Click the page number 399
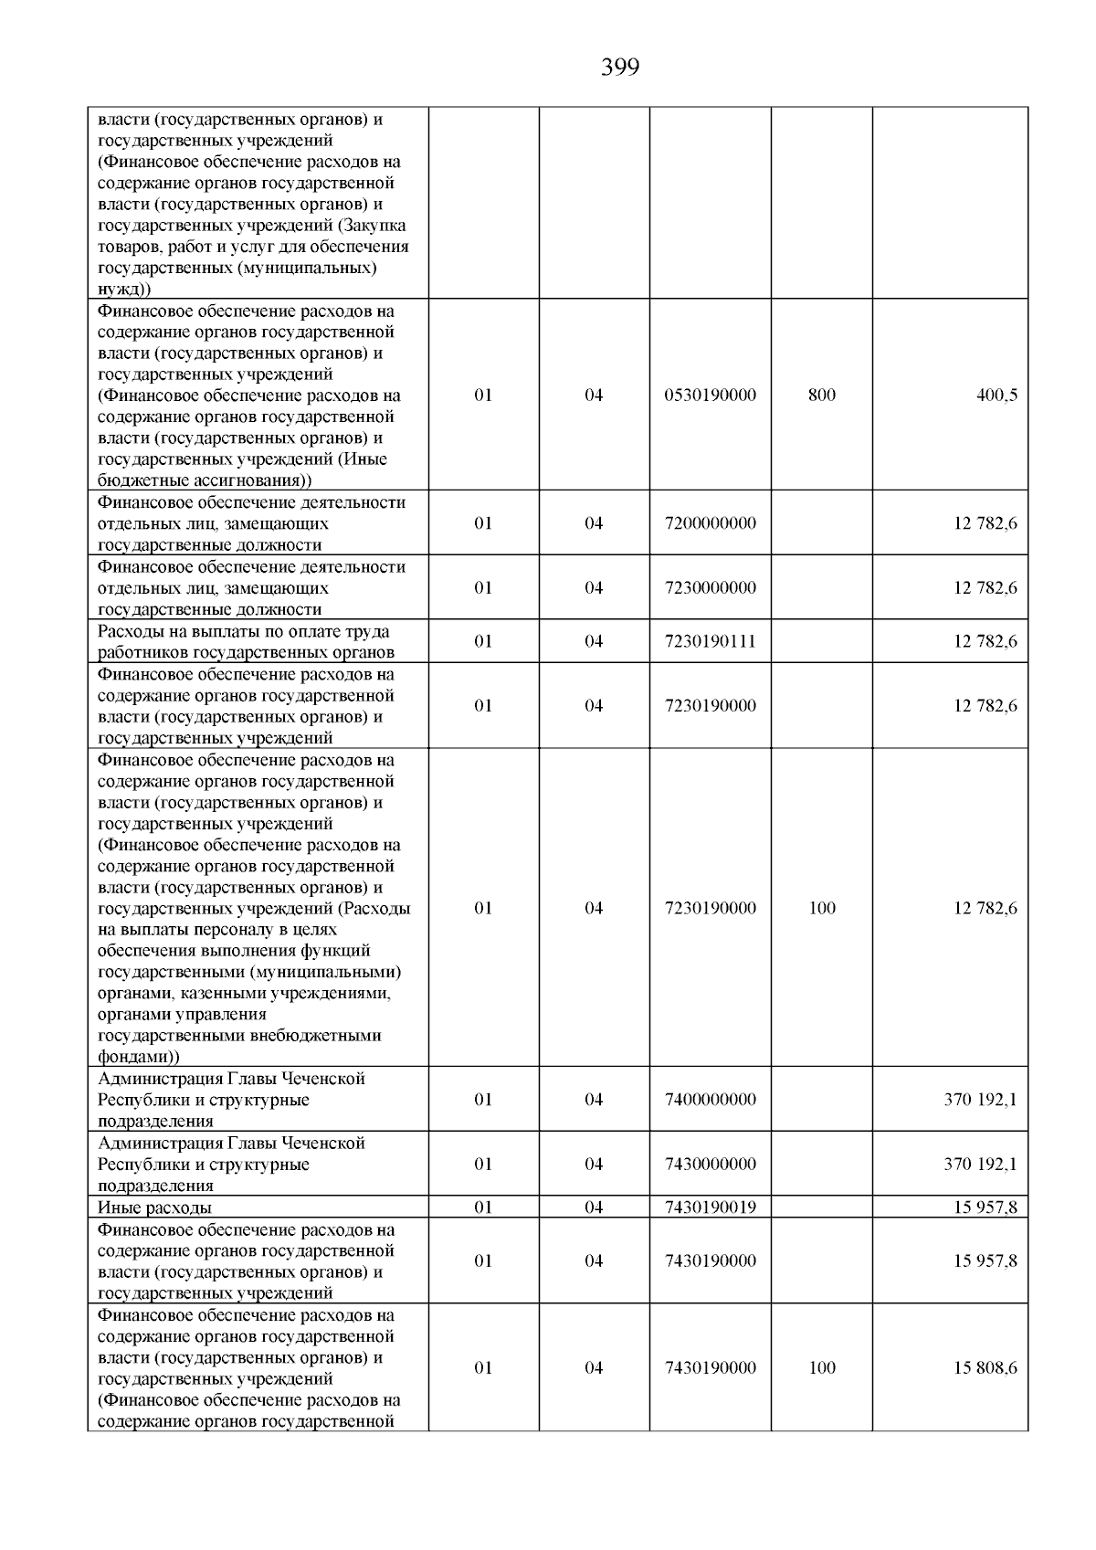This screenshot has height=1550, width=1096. click(620, 68)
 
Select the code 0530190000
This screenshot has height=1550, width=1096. click(711, 395)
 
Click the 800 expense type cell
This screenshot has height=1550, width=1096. click(822, 395)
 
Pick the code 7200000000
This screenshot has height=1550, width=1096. click(711, 523)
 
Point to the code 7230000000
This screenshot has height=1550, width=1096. click(711, 587)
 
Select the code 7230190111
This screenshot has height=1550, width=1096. click(711, 641)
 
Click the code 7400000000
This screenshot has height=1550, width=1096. click(711, 1100)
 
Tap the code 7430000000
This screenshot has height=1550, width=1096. click(711, 1164)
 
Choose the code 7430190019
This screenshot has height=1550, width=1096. click(711, 1207)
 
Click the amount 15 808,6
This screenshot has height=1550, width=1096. click(985, 1367)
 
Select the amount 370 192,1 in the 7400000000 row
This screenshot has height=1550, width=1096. click(980, 1100)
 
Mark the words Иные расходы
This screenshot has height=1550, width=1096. click(154, 1207)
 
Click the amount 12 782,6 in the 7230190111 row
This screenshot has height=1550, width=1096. click(985, 641)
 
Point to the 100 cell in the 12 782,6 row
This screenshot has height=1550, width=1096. click(822, 908)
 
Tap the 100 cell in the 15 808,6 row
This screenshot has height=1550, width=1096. click(822, 1367)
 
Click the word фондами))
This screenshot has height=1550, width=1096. click(139, 1057)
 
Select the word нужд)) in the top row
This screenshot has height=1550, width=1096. click(124, 290)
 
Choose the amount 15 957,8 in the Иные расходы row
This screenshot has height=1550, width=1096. click(985, 1207)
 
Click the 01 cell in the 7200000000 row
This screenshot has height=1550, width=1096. click(483, 523)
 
